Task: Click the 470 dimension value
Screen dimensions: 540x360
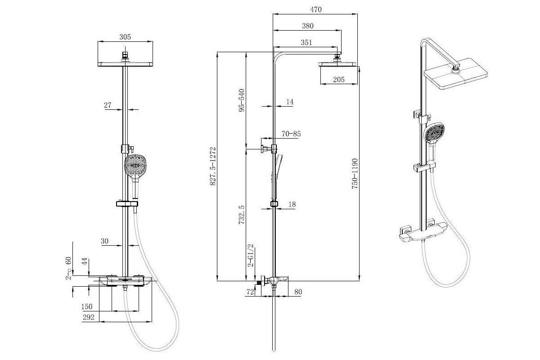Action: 316,9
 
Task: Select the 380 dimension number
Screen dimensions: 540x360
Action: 308,26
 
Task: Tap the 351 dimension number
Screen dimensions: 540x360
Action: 306,42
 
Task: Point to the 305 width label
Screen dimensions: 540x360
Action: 125,37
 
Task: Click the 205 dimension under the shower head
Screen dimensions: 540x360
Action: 339,79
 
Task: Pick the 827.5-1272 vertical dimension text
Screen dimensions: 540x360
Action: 212,166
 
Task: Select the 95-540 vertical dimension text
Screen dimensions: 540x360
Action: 241,100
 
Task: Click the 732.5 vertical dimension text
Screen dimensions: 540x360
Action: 241,215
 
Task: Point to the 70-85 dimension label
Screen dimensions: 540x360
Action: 291,134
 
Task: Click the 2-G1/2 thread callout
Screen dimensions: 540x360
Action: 251,255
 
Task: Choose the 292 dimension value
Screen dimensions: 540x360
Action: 89,317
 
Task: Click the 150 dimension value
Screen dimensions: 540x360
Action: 87,307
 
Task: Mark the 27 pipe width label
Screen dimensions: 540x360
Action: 108,105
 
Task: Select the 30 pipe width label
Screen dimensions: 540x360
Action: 104,241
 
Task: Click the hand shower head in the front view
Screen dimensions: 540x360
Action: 135,166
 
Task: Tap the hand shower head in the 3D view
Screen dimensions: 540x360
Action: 434,133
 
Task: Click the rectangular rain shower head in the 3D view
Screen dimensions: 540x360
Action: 455,73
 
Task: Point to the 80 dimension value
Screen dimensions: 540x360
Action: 298,292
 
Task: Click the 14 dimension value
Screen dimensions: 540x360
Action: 290,102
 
